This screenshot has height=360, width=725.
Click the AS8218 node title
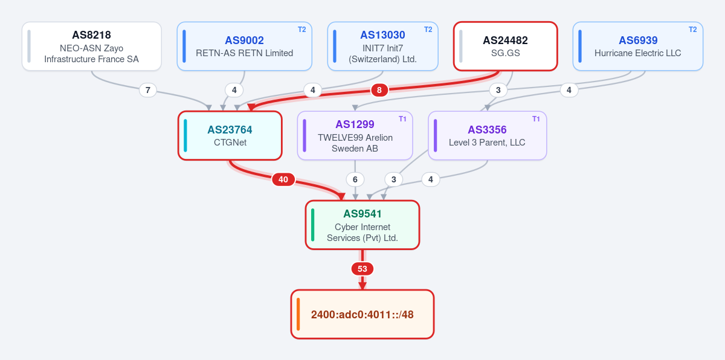coord(91,35)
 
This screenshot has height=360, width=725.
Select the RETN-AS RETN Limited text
coord(244,53)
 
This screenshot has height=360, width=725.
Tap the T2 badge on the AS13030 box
coord(428,30)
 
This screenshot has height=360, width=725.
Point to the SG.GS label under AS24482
coord(505,53)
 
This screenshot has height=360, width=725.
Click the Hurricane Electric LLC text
coord(637,53)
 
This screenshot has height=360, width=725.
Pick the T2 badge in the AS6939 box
coord(692,30)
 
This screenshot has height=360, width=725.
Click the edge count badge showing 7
coord(148,90)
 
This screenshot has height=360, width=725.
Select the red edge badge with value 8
coord(379,90)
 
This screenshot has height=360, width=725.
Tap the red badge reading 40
coord(283,179)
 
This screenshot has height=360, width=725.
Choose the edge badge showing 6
coord(355,179)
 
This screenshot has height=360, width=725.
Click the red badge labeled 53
coord(362,269)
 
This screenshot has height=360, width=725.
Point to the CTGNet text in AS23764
coord(230,143)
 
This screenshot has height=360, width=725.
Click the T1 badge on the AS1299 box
coord(402,119)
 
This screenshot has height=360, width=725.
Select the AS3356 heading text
coord(487,130)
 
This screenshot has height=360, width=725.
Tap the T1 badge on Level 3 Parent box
coord(536,119)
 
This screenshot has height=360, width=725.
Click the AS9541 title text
coord(362,214)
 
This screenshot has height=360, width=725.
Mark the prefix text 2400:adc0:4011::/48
coord(362,315)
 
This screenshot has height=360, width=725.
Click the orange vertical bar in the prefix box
coord(298,314)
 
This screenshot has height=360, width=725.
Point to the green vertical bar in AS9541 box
coord(313,225)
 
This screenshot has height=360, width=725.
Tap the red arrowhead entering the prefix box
coord(362,286)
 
